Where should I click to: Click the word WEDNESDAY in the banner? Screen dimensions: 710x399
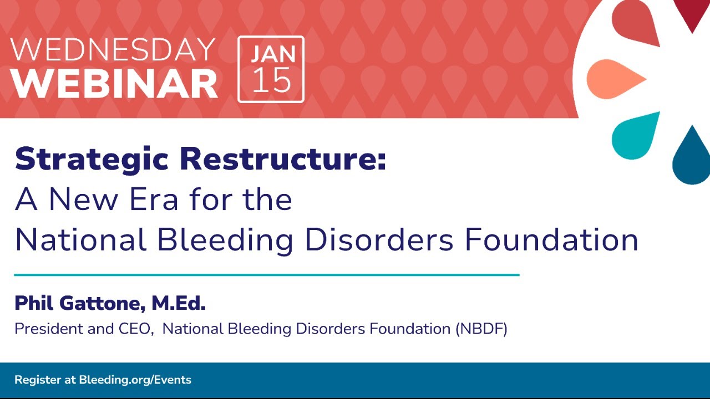[x=113, y=49]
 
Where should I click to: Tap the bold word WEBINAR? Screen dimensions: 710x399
[x=114, y=84]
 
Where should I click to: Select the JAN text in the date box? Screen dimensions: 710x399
[x=273, y=54]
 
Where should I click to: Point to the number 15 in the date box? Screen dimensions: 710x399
[x=272, y=80]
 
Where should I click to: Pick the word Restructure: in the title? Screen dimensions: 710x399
[x=283, y=158]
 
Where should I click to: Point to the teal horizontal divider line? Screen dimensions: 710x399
[x=267, y=275]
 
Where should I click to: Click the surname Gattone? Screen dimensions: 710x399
[x=100, y=303]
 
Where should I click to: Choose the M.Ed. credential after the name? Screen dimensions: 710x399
[x=179, y=303]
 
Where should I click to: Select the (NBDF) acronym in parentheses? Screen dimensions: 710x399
[x=481, y=329]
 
